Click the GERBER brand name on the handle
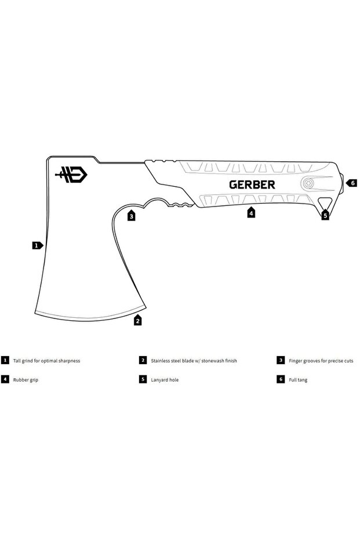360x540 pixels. [x=252, y=184]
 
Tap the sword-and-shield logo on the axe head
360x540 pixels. [x=72, y=174]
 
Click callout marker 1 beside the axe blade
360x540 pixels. [x=37, y=245]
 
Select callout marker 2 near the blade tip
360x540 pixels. [x=138, y=320]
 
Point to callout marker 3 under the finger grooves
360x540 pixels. [x=132, y=216]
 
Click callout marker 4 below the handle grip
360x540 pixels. [x=251, y=213]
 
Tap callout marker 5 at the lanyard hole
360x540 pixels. [x=325, y=215]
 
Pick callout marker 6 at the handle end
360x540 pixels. [x=352, y=183]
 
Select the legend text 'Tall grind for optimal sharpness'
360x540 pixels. [x=46, y=360]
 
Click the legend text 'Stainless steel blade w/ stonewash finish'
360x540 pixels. [x=194, y=360]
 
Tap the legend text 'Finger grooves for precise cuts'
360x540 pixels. [x=321, y=360]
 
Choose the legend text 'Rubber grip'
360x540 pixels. [x=26, y=379]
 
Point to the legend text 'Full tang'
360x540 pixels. [x=298, y=379]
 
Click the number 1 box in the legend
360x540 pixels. [x=5, y=360]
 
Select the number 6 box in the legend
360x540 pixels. [x=281, y=379]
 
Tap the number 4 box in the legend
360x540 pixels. [x=5, y=379]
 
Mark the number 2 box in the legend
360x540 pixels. [x=143, y=360]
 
